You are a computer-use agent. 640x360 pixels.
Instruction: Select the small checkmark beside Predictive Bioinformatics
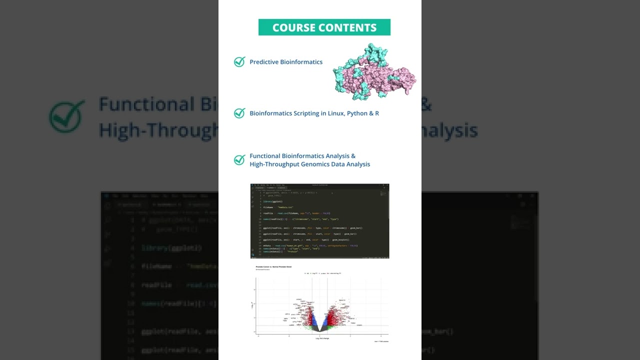tap(239, 62)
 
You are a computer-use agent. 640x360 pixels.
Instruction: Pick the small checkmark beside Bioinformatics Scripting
tap(239, 113)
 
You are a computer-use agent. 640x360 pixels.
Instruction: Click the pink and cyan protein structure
tap(374, 71)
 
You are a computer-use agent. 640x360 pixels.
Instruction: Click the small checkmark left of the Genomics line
tap(239, 160)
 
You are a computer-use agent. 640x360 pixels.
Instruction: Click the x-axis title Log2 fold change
tap(322, 338)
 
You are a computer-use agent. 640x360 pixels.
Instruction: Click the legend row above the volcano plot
tap(322, 273)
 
